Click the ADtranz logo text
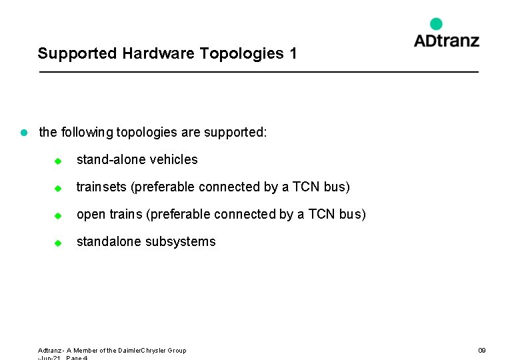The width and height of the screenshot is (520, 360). click(x=446, y=40)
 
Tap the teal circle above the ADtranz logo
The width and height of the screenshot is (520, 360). click(x=436, y=24)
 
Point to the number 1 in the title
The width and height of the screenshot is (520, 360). click(x=293, y=53)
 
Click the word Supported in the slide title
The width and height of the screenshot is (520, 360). click(x=77, y=53)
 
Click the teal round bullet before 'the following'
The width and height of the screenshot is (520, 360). click(x=23, y=133)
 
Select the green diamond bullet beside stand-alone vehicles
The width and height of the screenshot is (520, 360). click(x=58, y=161)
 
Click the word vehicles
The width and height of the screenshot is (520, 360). click(x=173, y=159)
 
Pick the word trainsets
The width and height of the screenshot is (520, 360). click(x=102, y=187)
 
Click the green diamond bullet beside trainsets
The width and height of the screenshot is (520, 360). click(x=58, y=189)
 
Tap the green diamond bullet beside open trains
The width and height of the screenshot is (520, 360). click(x=58, y=216)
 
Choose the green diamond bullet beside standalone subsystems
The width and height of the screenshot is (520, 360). click(x=58, y=243)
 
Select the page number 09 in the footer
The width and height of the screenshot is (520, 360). click(x=482, y=350)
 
